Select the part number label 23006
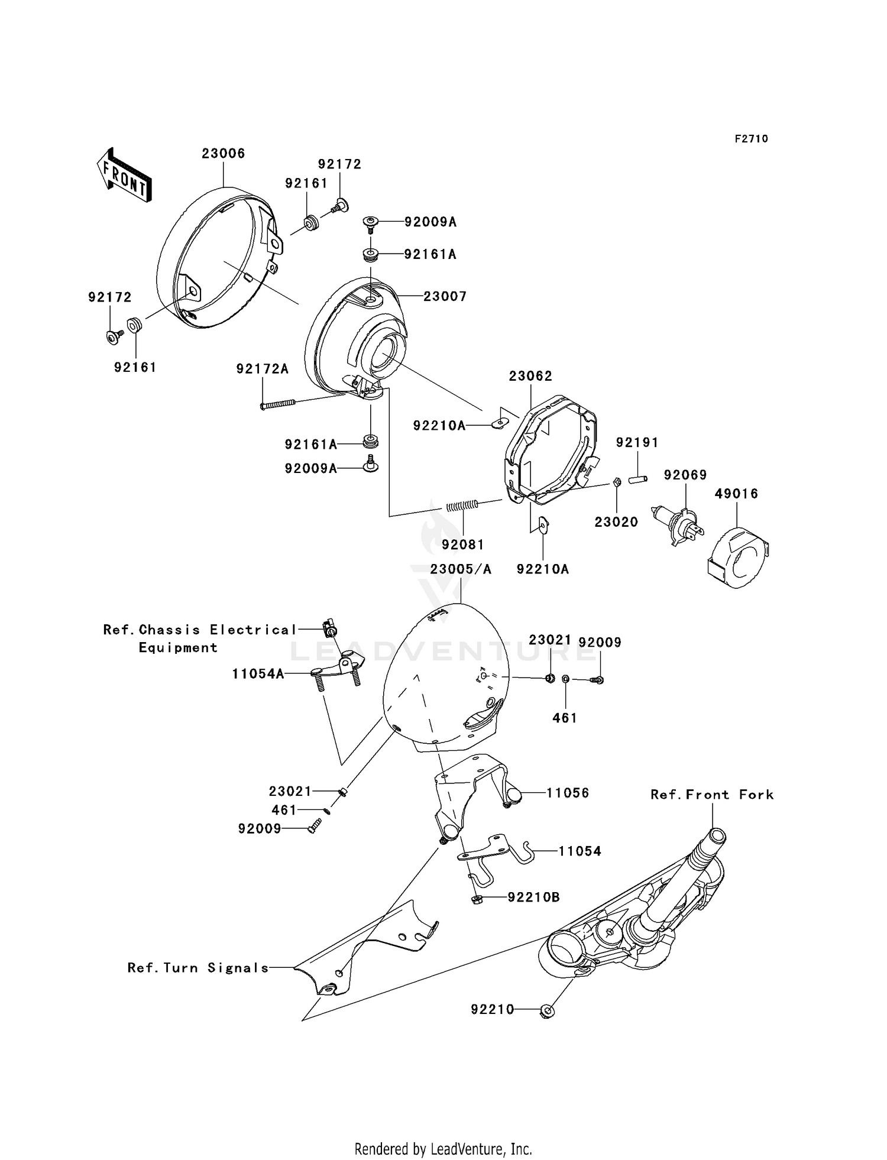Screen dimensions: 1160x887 (x=223, y=154)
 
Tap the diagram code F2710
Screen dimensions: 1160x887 (x=751, y=139)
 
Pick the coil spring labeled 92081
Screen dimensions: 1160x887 (x=462, y=506)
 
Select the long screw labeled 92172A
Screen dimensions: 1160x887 (x=278, y=404)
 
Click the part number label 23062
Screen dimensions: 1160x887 (x=530, y=376)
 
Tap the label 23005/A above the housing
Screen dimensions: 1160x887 (x=461, y=569)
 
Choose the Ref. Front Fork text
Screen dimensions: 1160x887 (x=712, y=795)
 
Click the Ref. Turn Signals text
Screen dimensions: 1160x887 (x=198, y=968)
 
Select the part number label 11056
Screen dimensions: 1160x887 (x=567, y=793)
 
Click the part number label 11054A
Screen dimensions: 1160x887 (x=258, y=673)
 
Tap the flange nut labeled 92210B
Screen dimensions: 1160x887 (x=476, y=899)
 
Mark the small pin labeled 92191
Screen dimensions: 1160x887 (x=638, y=479)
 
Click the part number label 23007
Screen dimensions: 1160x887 (x=445, y=296)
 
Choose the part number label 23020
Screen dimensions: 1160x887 (x=616, y=521)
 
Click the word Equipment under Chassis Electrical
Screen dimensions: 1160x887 (x=178, y=647)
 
